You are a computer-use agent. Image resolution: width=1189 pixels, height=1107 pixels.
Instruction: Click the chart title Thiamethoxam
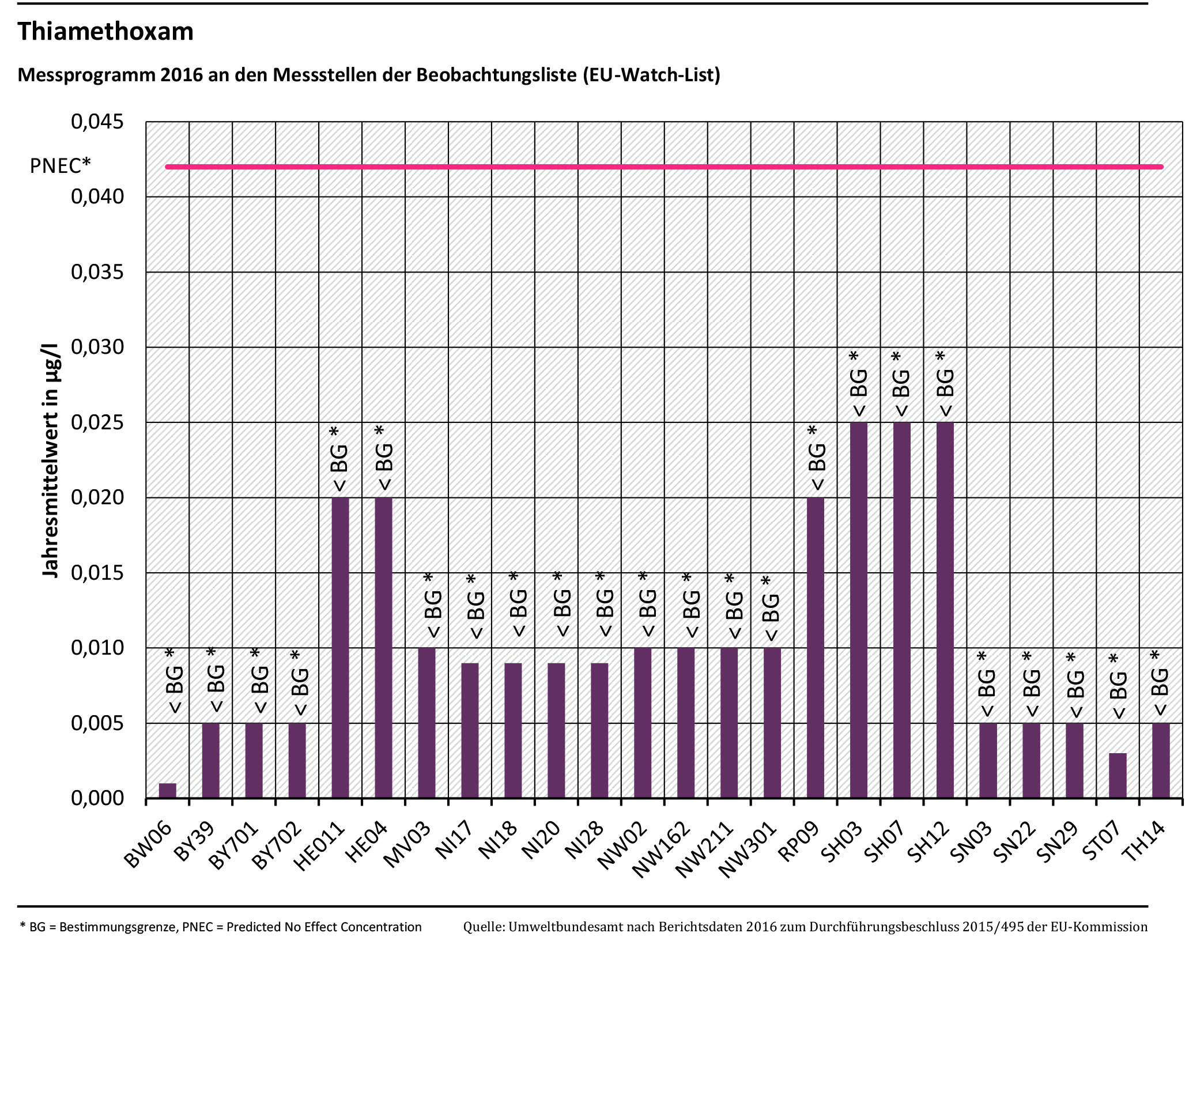105,32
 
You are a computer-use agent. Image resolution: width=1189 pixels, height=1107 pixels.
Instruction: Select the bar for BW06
168,791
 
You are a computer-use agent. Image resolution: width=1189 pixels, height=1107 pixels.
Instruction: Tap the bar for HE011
339,648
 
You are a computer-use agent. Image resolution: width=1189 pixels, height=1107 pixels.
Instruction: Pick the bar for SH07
901,610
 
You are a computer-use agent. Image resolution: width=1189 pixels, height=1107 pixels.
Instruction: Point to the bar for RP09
815,648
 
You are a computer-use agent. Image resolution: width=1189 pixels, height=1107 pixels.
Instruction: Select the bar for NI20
556,730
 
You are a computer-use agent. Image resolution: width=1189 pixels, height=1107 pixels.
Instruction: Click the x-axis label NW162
662,849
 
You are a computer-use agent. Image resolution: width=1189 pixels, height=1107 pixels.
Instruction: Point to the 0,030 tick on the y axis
97,347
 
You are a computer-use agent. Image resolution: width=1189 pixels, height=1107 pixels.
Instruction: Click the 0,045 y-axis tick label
97,122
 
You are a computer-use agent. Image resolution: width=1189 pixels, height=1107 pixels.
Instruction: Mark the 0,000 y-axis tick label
97,798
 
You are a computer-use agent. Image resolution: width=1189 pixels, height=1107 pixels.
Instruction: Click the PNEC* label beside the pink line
61,165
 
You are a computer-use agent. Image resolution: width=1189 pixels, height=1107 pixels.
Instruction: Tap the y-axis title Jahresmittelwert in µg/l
51,461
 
